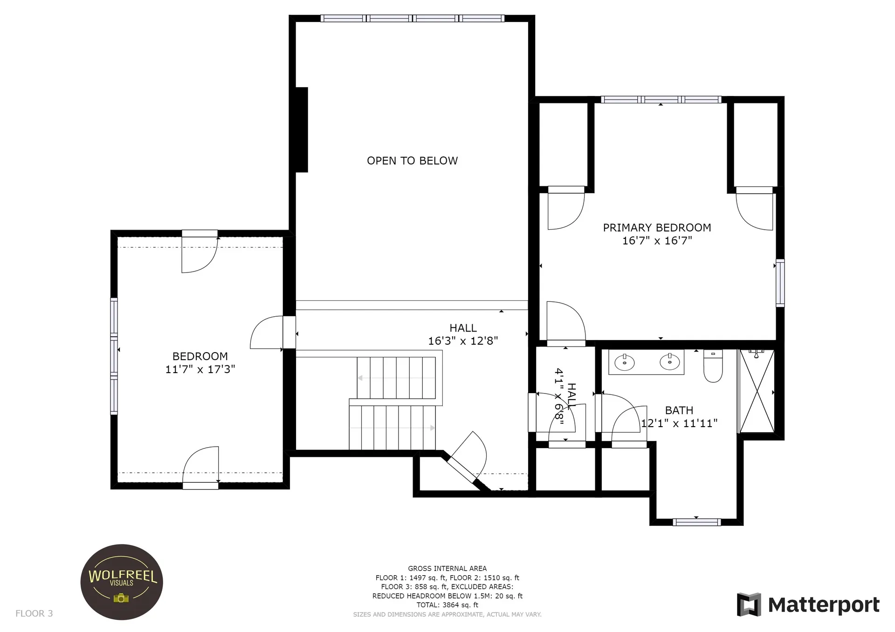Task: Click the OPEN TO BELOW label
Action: pos(412,161)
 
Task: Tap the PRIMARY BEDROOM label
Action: pos(657,228)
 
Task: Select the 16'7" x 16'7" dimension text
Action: pos(657,240)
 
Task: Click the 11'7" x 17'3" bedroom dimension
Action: pos(200,369)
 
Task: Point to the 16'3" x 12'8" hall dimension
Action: pos(463,341)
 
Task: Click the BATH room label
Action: pos(679,410)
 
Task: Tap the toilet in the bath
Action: pos(713,366)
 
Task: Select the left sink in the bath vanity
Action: pos(624,362)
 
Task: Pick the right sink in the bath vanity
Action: pos(669,361)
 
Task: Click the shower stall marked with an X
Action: pos(757,391)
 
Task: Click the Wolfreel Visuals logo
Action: pos(122,582)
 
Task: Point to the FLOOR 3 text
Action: pos(34,613)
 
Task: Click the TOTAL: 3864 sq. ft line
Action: pos(447,605)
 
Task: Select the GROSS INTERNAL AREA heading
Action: pos(447,569)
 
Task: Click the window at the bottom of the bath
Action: pos(697,522)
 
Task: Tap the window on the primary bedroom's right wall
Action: pos(780,283)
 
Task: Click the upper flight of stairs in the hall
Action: pos(396,378)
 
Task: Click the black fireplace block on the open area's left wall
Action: pos(302,130)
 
